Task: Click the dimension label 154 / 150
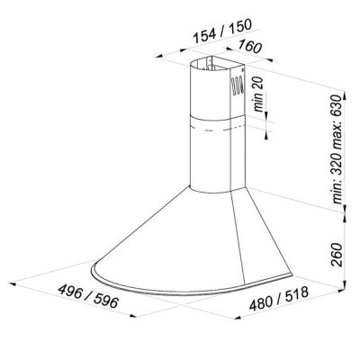[x=221, y=31]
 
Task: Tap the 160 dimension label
[x=250, y=47]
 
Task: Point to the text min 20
[x=258, y=94]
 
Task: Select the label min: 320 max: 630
[x=337, y=149]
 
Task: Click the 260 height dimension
[x=337, y=255]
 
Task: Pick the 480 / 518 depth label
[x=279, y=299]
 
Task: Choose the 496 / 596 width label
[x=88, y=296]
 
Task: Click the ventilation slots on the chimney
[x=238, y=85]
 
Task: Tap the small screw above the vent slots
[x=242, y=70]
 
